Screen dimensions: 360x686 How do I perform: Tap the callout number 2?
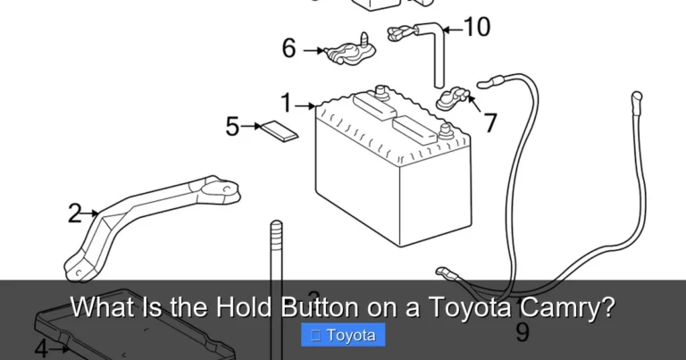pos(75,213)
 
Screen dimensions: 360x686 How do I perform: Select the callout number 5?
pos(232,127)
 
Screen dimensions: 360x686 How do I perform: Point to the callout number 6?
pos(289,48)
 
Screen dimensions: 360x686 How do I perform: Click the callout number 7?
pos(490,122)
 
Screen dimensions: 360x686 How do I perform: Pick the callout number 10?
pos(477,28)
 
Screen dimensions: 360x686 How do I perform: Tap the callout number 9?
pos(523,332)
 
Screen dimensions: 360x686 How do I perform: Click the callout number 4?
pos(41,347)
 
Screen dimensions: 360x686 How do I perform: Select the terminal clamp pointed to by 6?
pos(347,51)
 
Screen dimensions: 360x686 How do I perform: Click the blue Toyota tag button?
pos(344,336)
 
